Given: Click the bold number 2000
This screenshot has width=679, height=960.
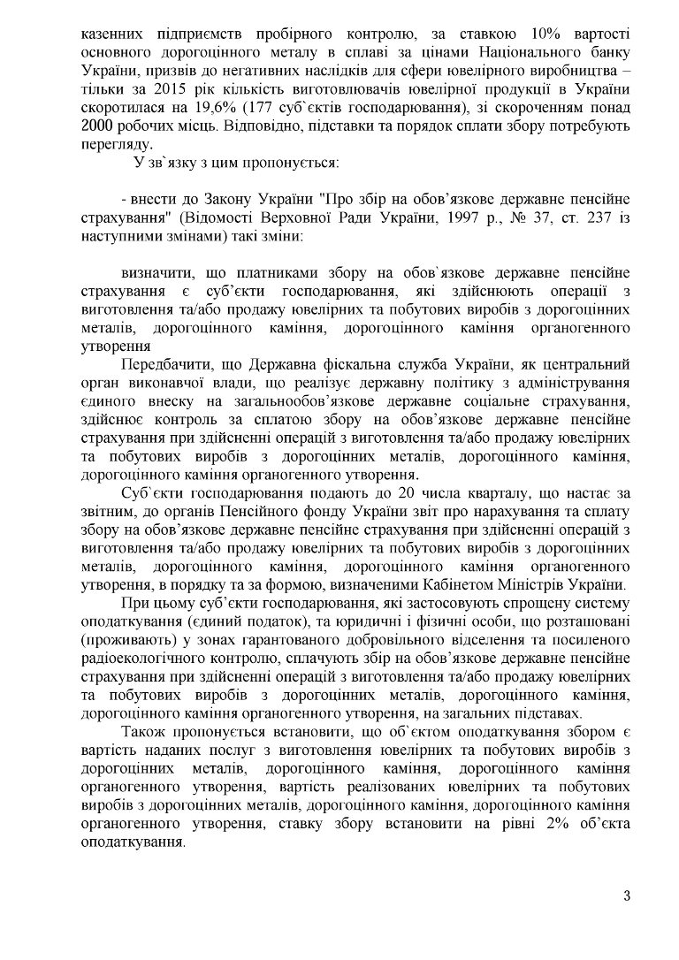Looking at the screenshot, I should click(97, 126).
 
